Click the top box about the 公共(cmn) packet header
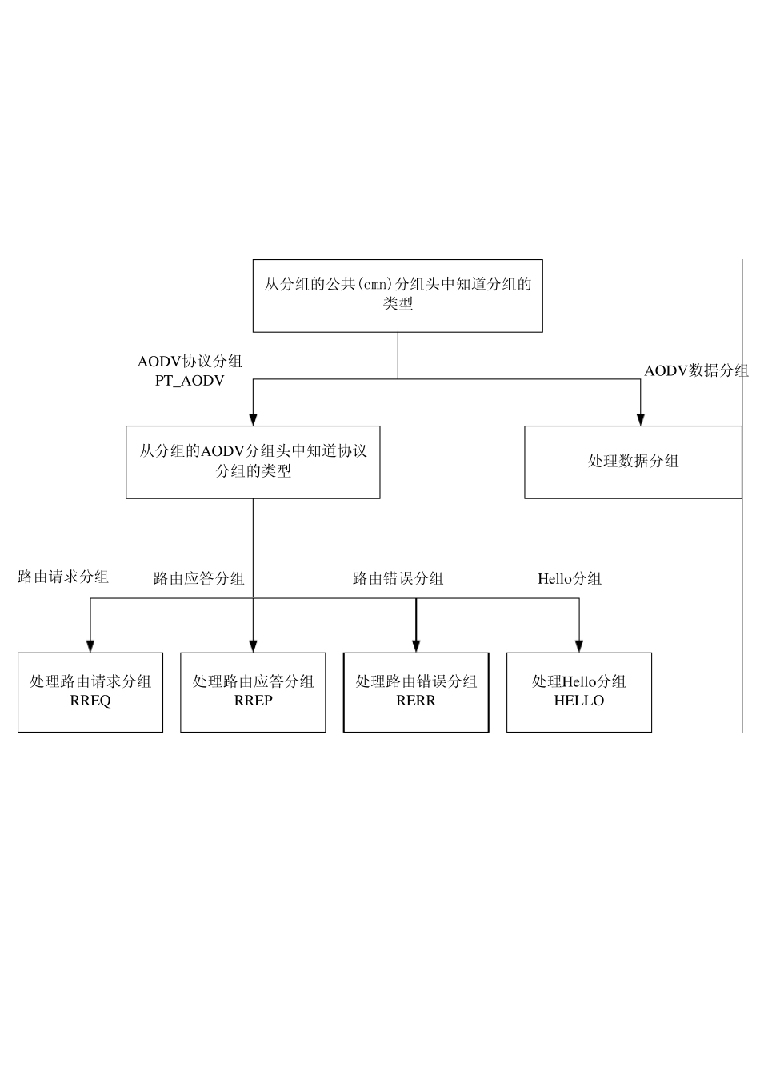(398, 295)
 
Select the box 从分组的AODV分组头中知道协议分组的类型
(253, 462)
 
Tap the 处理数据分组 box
(633, 462)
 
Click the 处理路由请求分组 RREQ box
(90, 692)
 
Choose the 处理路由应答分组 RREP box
(253, 692)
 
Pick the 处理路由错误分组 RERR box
(416, 692)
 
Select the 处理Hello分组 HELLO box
(579, 692)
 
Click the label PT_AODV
(190, 381)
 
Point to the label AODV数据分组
(696, 370)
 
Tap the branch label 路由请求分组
(63, 577)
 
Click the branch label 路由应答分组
(199, 578)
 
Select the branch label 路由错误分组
(398, 578)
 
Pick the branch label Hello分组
(570, 578)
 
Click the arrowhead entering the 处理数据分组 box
(640, 419)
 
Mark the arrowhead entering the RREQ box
(90, 646)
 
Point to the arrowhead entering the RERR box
(416, 646)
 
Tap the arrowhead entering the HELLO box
(579, 646)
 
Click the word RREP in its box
(253, 701)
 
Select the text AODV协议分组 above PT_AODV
(190, 362)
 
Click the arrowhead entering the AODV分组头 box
(253, 419)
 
